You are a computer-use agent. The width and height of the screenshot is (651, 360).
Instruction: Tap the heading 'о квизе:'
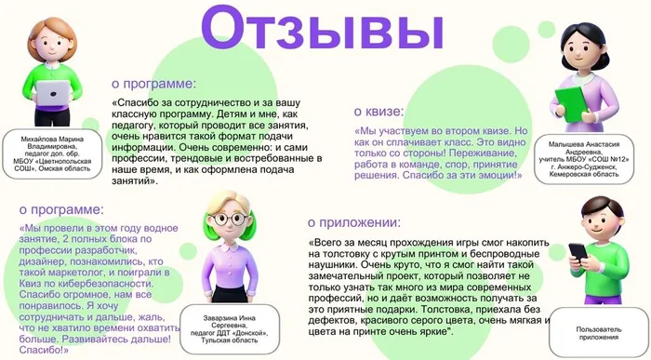point(383,111)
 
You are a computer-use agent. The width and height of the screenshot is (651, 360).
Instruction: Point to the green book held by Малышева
point(567,98)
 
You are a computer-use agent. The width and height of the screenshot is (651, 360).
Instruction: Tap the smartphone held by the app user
point(577,254)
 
